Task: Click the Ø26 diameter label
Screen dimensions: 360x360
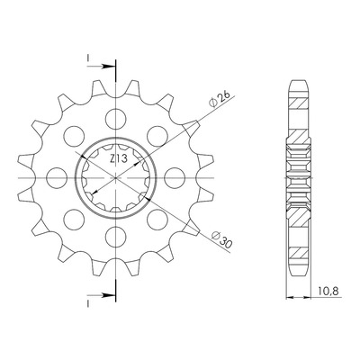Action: [x=220, y=99]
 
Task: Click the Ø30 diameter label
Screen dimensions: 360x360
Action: [x=221, y=239]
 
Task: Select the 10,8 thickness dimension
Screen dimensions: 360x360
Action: [x=328, y=291]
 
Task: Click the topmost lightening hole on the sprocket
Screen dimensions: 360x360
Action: [x=115, y=119]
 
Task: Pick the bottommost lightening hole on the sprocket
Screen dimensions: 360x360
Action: [x=115, y=237]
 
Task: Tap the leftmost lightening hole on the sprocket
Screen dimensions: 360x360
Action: [x=57, y=178]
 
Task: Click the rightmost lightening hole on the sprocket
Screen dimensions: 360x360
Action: [x=175, y=178]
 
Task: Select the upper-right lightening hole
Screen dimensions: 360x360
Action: [x=157, y=136]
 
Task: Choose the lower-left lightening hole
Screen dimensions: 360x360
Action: [x=74, y=220]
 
